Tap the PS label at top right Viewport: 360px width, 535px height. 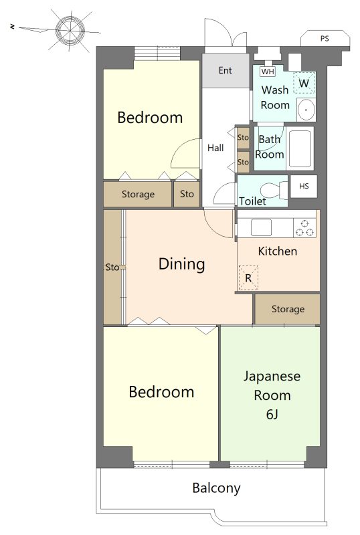(x=325, y=39)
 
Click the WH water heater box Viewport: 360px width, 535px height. (x=268, y=72)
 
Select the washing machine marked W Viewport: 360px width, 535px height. (x=304, y=83)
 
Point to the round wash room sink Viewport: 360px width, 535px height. (x=306, y=110)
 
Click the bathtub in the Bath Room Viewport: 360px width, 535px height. (x=300, y=148)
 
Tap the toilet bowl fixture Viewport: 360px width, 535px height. (x=274, y=191)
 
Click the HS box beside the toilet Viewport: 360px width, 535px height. (x=304, y=186)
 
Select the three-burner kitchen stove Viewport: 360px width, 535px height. (x=304, y=228)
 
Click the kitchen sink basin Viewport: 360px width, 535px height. (x=261, y=227)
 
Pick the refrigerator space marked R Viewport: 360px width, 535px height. (x=248, y=278)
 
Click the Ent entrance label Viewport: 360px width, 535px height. (x=225, y=70)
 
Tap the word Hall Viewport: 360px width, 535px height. (x=215, y=148)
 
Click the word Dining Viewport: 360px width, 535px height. (x=182, y=264)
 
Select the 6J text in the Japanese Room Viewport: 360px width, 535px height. (x=272, y=414)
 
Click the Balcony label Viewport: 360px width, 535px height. (x=217, y=488)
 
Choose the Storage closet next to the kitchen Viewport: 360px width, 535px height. (x=288, y=309)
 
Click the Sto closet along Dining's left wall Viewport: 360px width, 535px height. (x=112, y=267)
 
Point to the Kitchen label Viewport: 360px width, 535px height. (x=277, y=251)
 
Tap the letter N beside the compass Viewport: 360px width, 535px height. (x=13, y=26)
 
